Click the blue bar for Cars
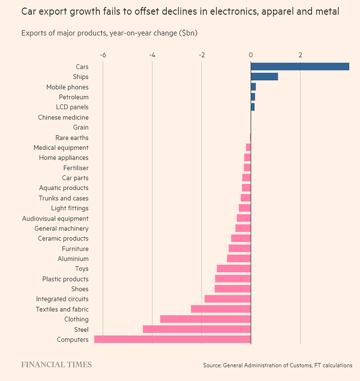[x=299, y=67]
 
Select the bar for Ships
[x=264, y=77]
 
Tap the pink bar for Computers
[x=172, y=339]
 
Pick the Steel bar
[x=197, y=329]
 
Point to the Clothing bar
[x=205, y=319]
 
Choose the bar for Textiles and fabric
[x=221, y=309]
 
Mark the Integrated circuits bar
[x=227, y=299]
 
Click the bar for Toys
[x=233, y=269]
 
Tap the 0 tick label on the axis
[x=251, y=54]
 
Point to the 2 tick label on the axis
[x=300, y=54]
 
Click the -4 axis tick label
[x=152, y=54]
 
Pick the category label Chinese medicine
[x=63, y=117]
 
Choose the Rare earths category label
[x=72, y=138]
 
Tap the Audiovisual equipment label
[x=55, y=218]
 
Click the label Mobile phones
[x=67, y=87]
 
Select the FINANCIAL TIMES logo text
[x=56, y=364]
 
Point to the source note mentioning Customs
[x=277, y=365]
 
